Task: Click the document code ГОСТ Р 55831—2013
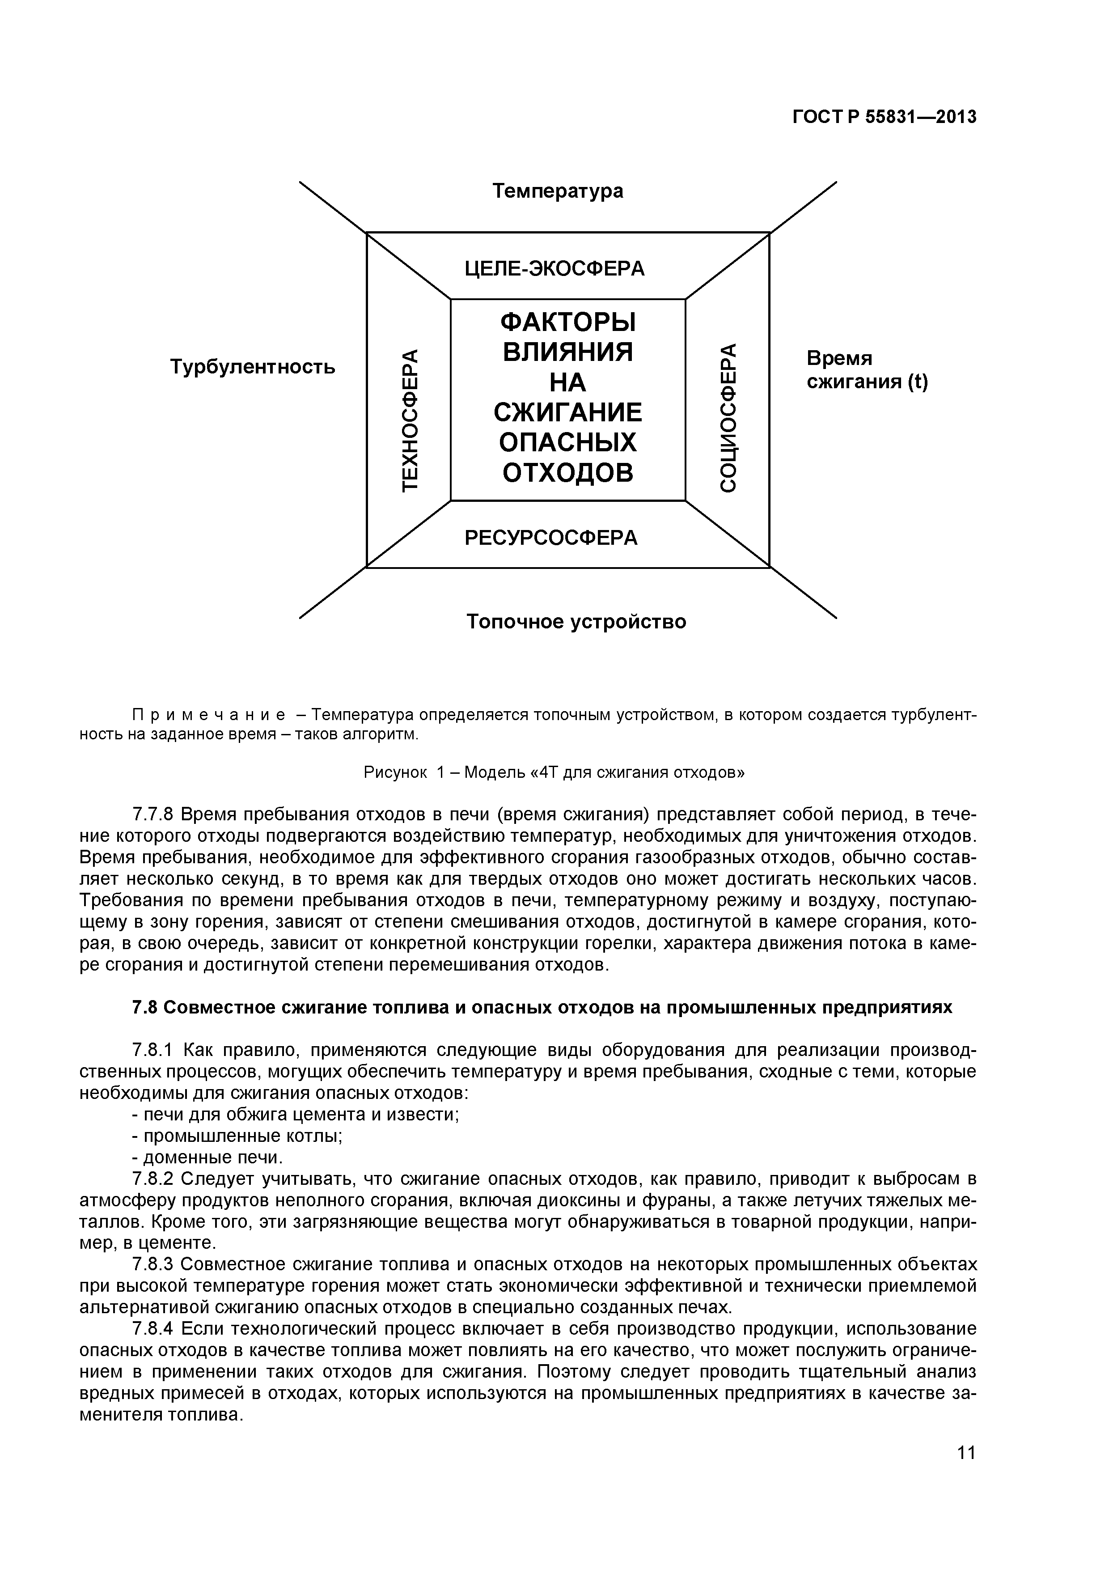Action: [884, 118]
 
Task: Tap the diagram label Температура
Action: [558, 191]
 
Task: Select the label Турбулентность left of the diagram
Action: [252, 367]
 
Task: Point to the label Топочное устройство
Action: [576, 622]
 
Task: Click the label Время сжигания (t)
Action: [867, 370]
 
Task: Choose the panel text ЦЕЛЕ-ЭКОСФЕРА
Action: [554, 268]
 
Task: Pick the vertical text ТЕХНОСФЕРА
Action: [409, 419]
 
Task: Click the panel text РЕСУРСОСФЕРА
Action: [551, 538]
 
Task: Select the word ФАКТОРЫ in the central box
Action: [568, 322]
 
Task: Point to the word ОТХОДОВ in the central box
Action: [568, 472]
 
